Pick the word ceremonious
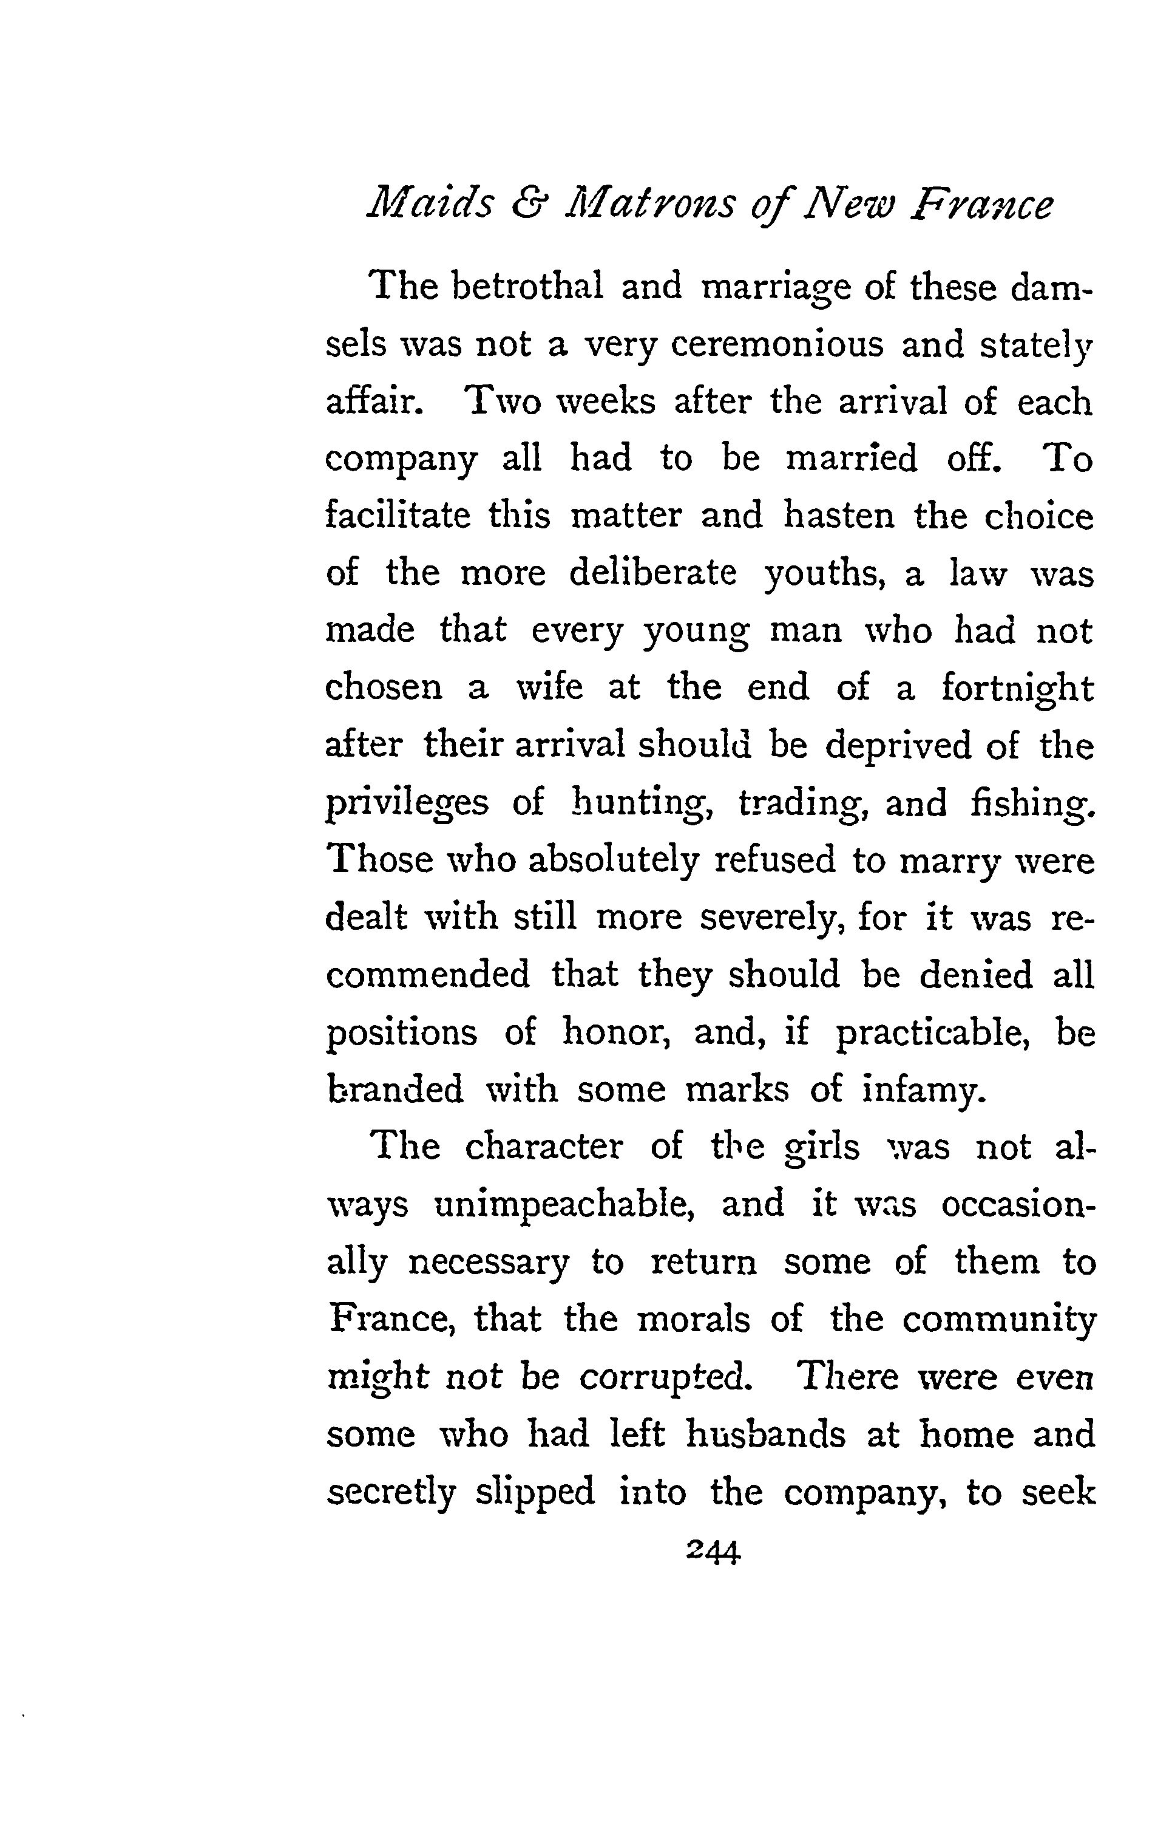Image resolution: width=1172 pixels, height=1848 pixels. [776, 344]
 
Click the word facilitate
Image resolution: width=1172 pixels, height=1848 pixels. [398, 515]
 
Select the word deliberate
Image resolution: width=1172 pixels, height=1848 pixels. [652, 573]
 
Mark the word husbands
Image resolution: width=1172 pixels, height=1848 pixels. [765, 1434]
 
